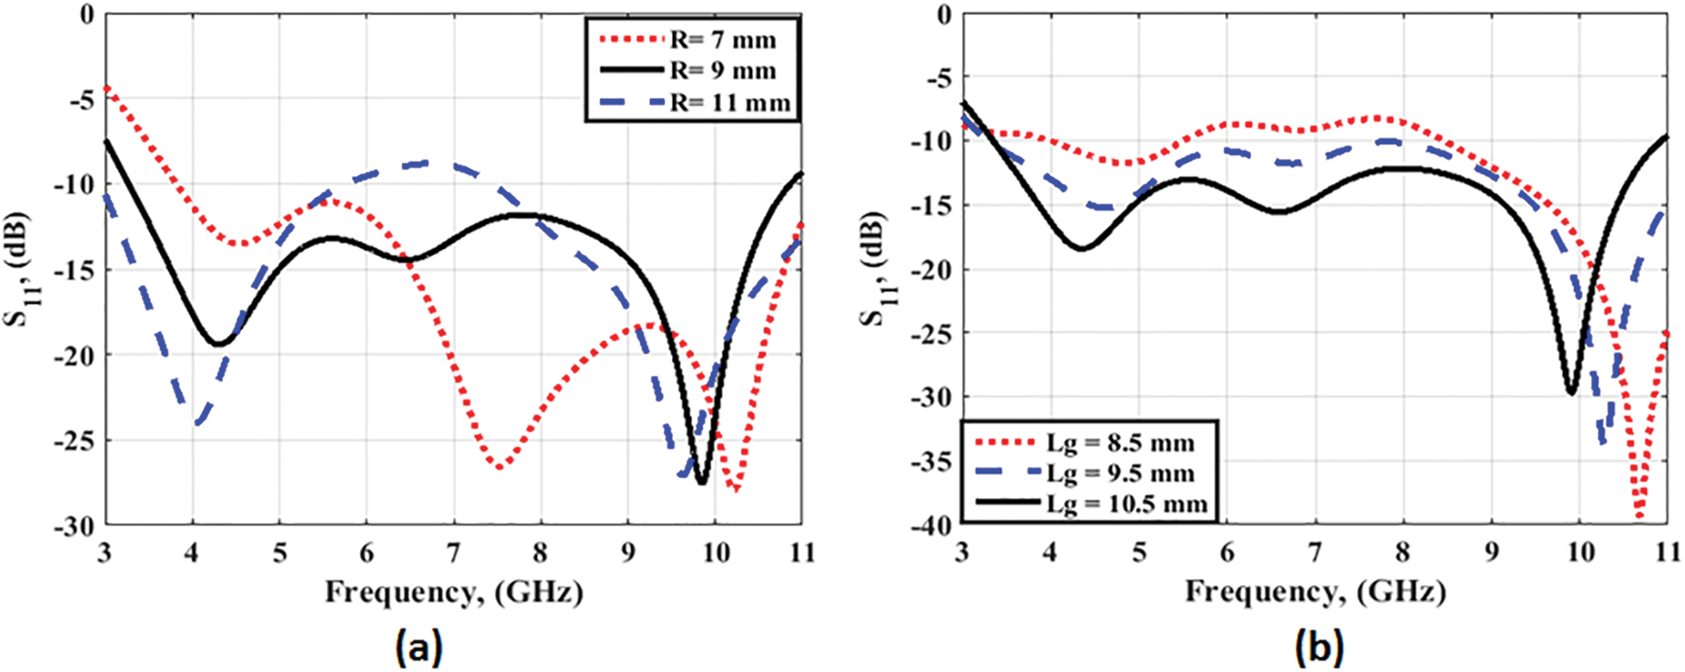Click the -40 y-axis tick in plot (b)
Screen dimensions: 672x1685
[931, 526]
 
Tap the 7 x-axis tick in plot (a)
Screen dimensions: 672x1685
[454, 553]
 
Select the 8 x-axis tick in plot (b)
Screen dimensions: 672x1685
[1403, 553]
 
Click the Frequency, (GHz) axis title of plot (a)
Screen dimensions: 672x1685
[454, 591]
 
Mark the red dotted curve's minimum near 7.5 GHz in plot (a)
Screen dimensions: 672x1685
[499, 467]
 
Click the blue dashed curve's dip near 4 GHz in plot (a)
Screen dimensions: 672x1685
[197, 423]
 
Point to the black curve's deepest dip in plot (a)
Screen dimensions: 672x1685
[701, 482]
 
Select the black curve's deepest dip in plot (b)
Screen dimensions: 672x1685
[1571, 392]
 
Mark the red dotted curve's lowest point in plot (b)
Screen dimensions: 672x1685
[1639, 517]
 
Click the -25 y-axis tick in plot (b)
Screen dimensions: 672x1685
[931, 333]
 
